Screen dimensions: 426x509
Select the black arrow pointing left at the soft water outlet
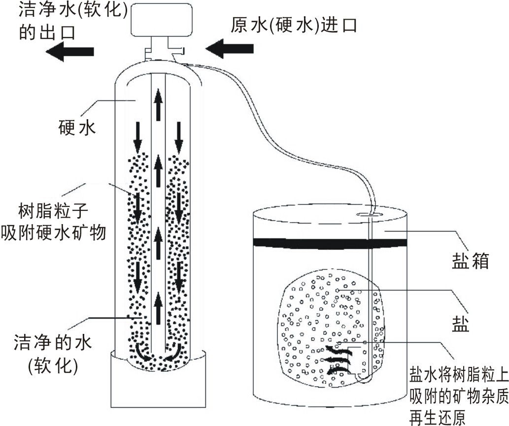(69, 51)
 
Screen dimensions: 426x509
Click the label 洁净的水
(53, 341)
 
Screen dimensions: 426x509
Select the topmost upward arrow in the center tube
(158, 105)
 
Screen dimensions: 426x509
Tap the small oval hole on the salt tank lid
(367, 214)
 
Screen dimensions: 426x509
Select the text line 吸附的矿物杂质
(458, 395)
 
